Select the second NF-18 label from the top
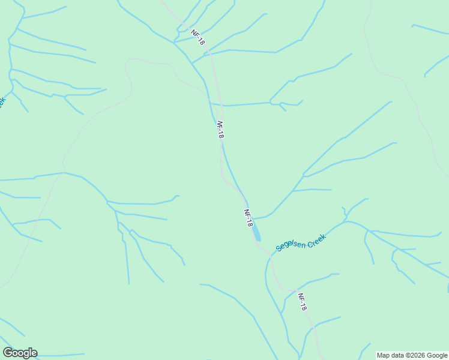click(x=220, y=130)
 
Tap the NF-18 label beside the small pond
click(x=248, y=218)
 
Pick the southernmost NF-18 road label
click(x=303, y=302)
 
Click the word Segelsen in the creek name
click(x=291, y=245)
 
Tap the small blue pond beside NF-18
click(x=256, y=233)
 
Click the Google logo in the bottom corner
click(x=20, y=353)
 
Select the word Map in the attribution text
click(x=382, y=355)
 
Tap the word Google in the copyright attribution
click(x=435, y=355)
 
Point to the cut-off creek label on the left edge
click(x=2, y=102)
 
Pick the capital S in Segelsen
click(x=279, y=248)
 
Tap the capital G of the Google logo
click(x=8, y=353)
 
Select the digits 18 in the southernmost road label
click(x=304, y=306)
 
